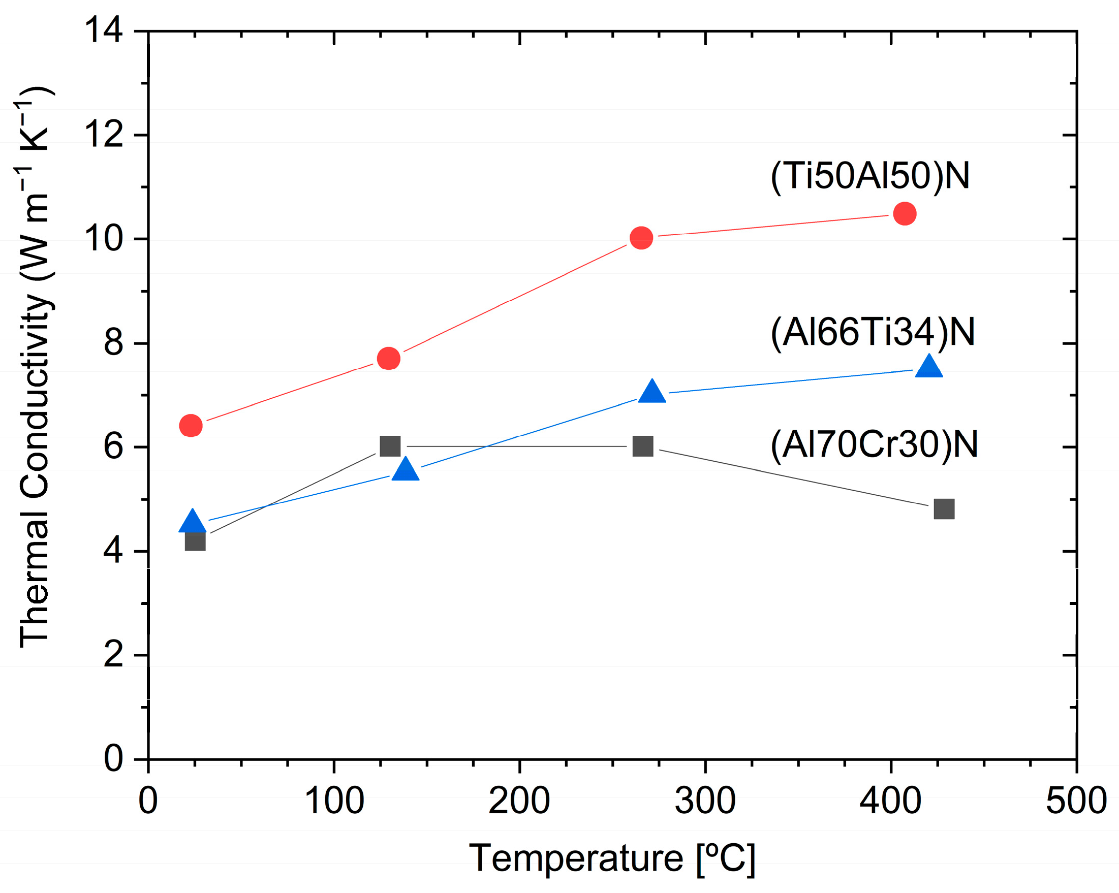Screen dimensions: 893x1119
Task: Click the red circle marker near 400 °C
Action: (905, 214)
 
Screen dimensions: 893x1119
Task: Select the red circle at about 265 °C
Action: (641, 238)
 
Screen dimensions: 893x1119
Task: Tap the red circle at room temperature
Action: (191, 426)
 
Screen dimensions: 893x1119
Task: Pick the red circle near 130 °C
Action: (388, 358)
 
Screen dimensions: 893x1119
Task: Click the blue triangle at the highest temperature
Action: (928, 367)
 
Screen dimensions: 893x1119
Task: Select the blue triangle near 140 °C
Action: (406, 470)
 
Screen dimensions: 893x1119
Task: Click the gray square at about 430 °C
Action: (944, 509)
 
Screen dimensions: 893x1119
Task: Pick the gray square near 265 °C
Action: (642, 445)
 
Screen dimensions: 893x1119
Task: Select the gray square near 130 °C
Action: (390, 445)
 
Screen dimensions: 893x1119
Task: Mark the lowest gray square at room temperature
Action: (195, 541)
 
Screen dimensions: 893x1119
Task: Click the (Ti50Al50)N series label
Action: (870, 176)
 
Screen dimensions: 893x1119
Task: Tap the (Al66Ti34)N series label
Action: (873, 332)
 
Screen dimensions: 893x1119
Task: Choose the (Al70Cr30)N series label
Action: (874, 444)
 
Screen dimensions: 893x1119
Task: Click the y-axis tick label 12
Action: (103, 135)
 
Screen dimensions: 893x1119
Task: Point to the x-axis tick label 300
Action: (705, 801)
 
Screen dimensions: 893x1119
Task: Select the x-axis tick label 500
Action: (1076, 801)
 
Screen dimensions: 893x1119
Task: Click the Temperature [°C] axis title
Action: (612, 859)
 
